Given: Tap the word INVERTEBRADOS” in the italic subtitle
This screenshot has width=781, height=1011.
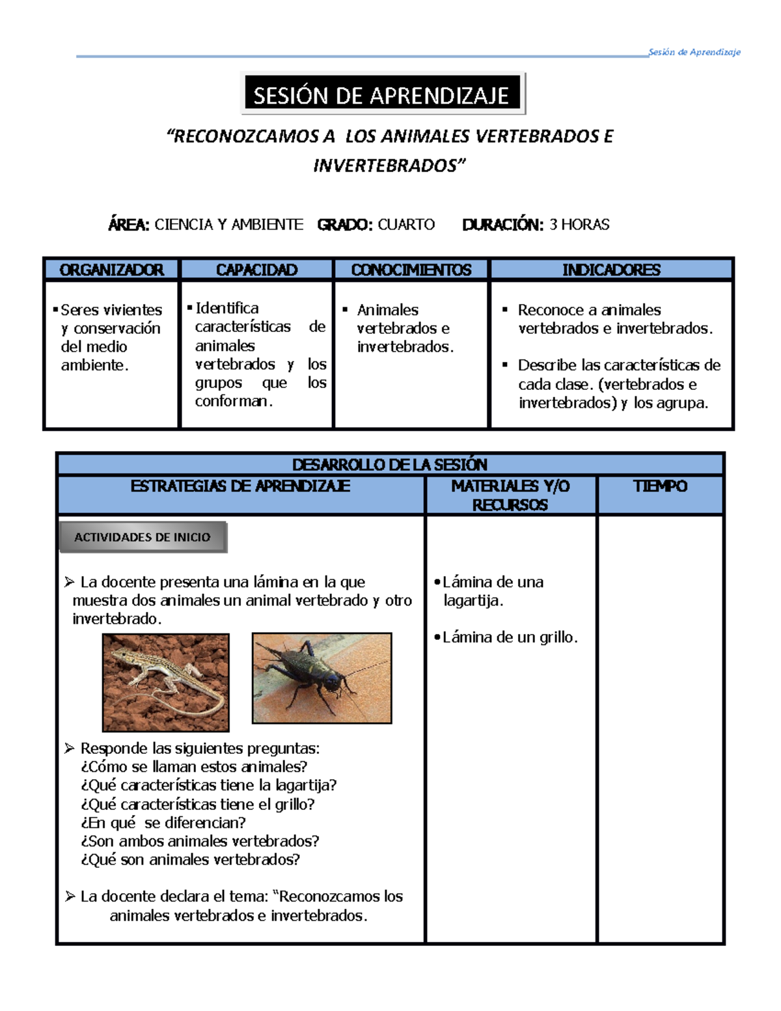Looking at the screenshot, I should pos(389,165).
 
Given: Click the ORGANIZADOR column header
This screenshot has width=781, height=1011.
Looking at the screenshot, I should pos(111,270).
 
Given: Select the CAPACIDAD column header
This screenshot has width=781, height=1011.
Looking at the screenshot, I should pos(256,270).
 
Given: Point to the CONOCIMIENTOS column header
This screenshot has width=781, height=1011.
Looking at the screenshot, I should pos(411,270).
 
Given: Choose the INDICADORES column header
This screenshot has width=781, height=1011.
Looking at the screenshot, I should pos(611,270).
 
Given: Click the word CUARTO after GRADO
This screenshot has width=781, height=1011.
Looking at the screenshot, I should pos(406,225).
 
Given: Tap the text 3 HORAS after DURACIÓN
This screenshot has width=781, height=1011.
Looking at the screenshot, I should pos(579,225).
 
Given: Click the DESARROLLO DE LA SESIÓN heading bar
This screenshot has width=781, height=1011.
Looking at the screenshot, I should pos(389,464).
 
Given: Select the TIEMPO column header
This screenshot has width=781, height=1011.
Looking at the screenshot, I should pos(660,486).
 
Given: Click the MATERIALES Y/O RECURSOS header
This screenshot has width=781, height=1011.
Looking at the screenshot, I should pos(510,495).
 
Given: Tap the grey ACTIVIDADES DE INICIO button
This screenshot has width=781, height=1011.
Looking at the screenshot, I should pos(143,537).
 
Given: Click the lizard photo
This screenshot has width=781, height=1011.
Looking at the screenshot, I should pos(166,682).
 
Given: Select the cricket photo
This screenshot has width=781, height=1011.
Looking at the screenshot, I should pos(322,678).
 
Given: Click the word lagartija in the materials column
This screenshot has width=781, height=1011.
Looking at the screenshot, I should pos(472,600).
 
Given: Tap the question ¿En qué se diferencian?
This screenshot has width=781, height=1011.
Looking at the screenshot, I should pos(163,822).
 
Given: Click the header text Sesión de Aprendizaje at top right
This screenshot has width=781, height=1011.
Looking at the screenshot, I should pos(694,52).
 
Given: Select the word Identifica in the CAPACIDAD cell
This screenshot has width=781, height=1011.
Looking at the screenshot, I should pos(226,308).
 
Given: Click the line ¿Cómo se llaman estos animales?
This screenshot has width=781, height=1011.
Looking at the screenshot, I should pos(194,766).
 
